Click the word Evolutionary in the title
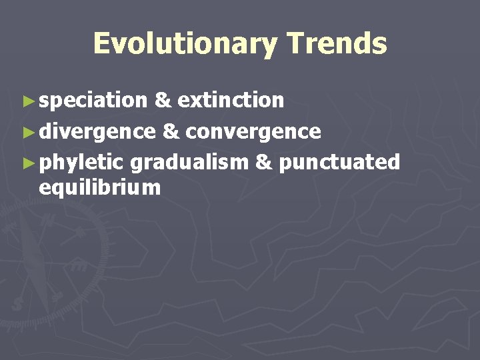coord(184,44)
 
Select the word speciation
coord(93,101)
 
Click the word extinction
coord(231,101)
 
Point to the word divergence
coord(97,131)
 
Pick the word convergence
coord(253,131)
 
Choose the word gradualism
coord(189,163)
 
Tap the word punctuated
coord(339,163)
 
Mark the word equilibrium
coord(100,188)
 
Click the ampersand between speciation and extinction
coord(162,101)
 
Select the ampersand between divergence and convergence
coord(170,131)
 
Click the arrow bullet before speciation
coord(27,101)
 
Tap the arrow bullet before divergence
coord(27,132)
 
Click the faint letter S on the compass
coord(15,303)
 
